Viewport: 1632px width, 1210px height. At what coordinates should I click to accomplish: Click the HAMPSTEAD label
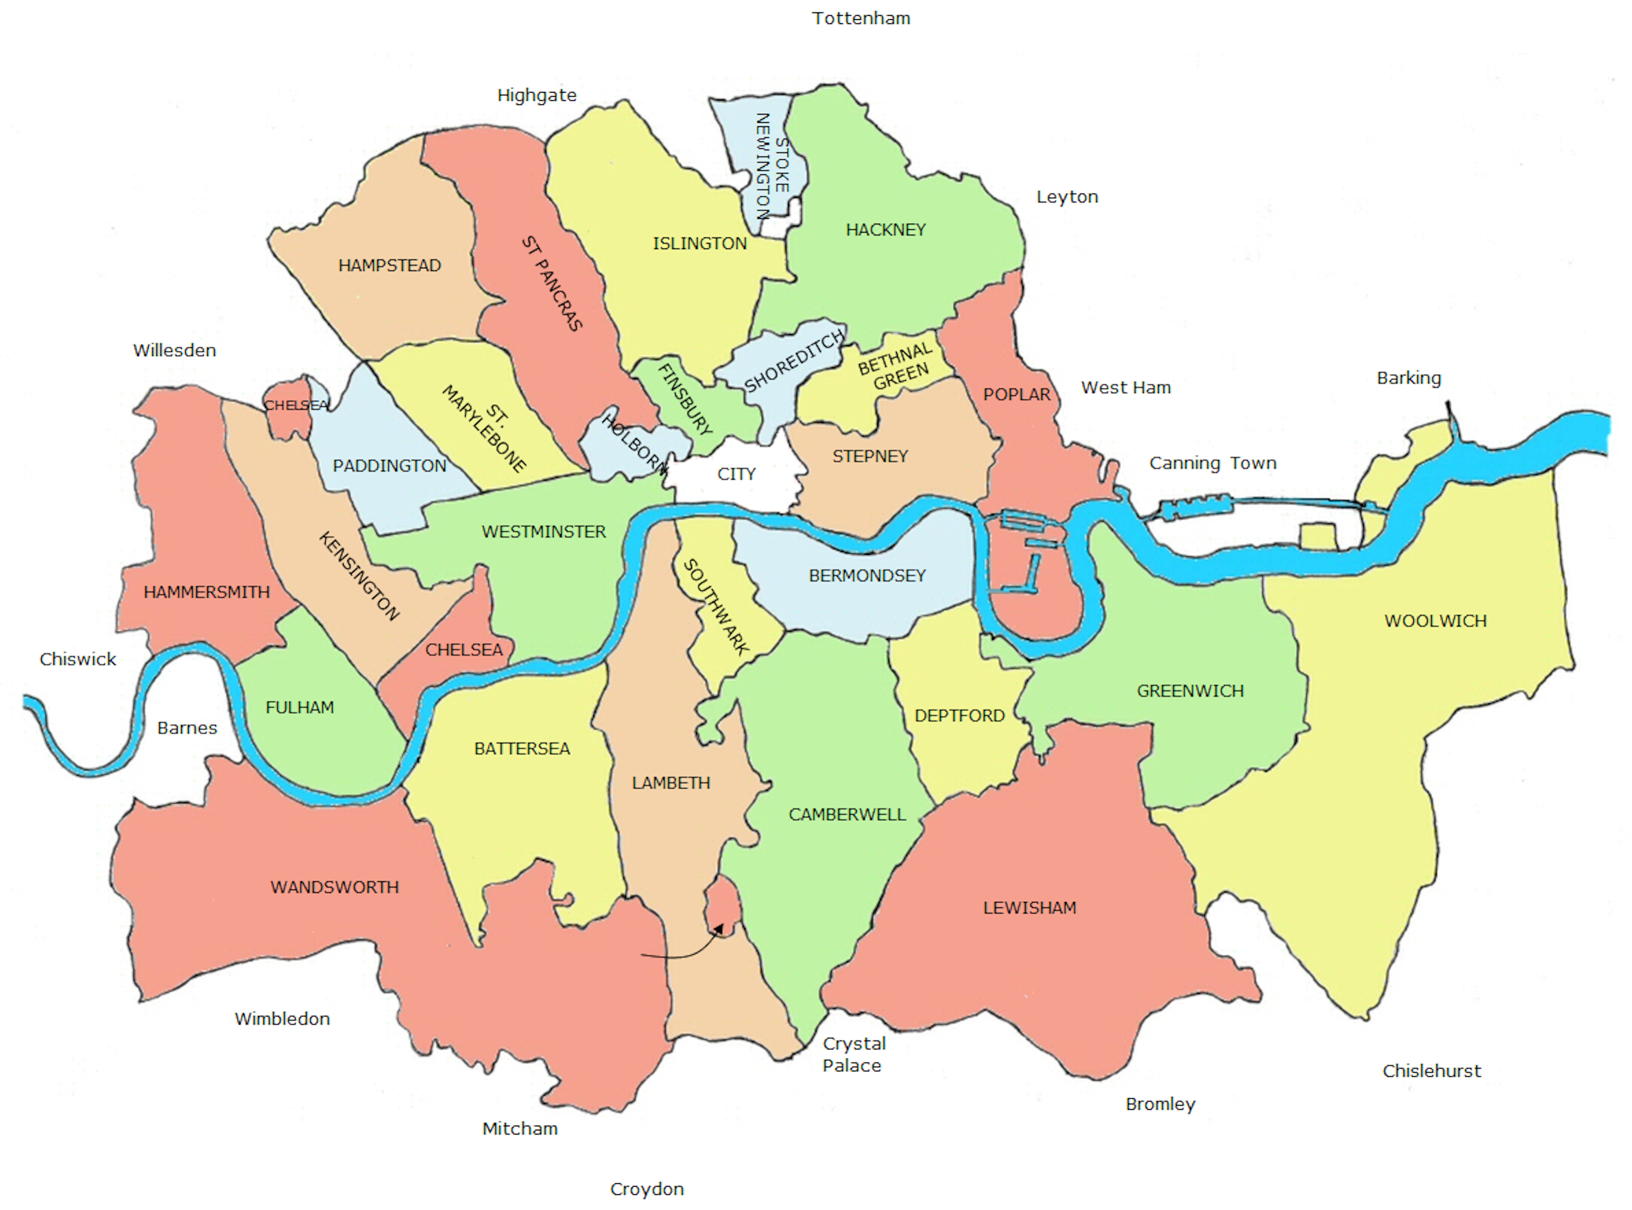pyautogui.click(x=389, y=265)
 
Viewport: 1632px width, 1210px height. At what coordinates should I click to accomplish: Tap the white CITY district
pyautogui.click(x=735, y=474)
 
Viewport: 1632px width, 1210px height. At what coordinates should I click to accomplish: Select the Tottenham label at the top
pyautogui.click(x=861, y=19)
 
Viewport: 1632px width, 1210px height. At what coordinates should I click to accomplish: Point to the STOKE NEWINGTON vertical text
pyautogui.click(x=771, y=165)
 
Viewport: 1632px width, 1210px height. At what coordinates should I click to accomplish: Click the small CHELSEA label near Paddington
pyautogui.click(x=295, y=405)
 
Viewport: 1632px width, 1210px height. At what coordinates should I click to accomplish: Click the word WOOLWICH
pyautogui.click(x=1435, y=621)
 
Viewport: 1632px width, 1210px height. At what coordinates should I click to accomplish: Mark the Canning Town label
pyautogui.click(x=1212, y=463)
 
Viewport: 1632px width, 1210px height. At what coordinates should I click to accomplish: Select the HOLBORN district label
pyautogui.click(x=634, y=443)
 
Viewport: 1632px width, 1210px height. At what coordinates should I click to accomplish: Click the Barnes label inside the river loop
pyautogui.click(x=187, y=728)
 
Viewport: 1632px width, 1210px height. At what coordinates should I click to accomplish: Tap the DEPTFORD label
pyautogui.click(x=959, y=715)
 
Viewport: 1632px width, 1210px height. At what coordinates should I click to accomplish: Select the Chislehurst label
pyautogui.click(x=1430, y=1071)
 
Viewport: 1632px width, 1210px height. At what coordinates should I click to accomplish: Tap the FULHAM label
pyautogui.click(x=299, y=707)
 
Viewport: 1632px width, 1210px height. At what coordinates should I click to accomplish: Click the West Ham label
pyautogui.click(x=1125, y=388)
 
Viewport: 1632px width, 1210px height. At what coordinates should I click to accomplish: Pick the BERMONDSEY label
pyautogui.click(x=866, y=576)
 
